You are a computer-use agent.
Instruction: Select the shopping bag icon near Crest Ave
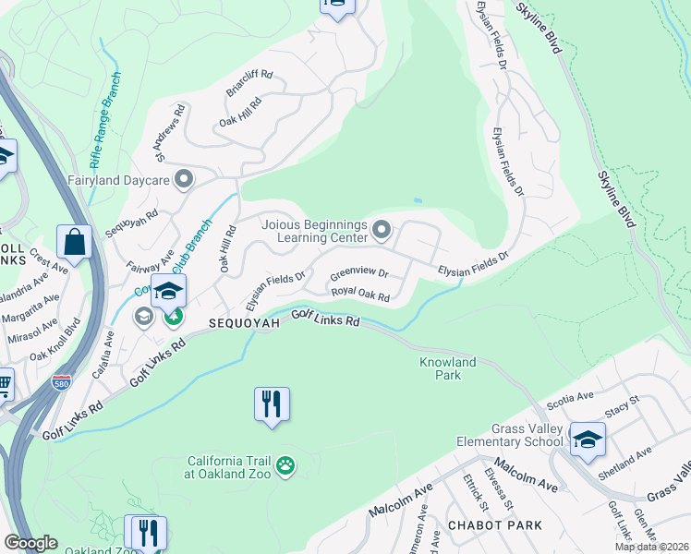pos(74,244)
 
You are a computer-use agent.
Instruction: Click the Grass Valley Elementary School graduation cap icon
pos(587,440)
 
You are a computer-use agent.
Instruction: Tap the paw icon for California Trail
pos(286,467)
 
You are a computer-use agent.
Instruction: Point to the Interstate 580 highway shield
pos(61,383)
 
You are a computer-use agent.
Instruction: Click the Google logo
pos(30,543)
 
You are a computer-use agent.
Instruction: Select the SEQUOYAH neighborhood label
pos(243,324)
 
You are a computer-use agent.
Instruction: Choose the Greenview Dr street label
pos(358,274)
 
